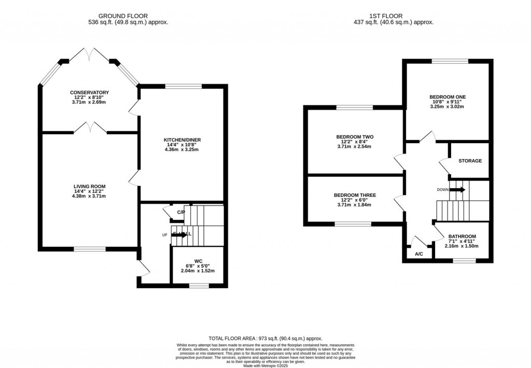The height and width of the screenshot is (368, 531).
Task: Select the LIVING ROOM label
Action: [x=89, y=187]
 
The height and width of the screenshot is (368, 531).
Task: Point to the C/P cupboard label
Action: [x=181, y=213]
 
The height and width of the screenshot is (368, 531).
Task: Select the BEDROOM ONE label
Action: [x=447, y=97]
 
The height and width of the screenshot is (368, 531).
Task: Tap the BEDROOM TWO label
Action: [x=357, y=137]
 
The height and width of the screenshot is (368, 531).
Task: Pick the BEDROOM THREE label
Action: [x=355, y=195]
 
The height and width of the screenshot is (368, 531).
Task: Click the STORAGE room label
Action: [x=470, y=161]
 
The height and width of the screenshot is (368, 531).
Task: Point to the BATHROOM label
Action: [x=462, y=236]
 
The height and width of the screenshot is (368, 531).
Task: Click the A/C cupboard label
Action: [x=419, y=254]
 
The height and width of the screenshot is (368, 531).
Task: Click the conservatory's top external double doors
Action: [x=90, y=54]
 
